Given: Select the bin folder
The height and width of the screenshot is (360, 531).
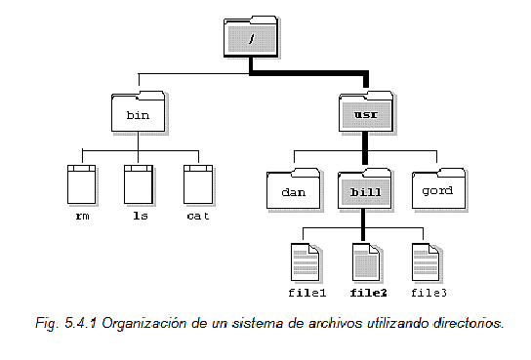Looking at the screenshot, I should point(137,114).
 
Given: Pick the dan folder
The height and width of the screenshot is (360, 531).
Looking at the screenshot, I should point(294,191).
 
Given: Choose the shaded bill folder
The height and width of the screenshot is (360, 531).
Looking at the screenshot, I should point(364,191).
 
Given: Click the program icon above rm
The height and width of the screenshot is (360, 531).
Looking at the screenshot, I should point(82,183).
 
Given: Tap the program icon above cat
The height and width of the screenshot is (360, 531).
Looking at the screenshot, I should point(198,183).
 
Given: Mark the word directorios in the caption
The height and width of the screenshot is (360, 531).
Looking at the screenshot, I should point(466,321).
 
